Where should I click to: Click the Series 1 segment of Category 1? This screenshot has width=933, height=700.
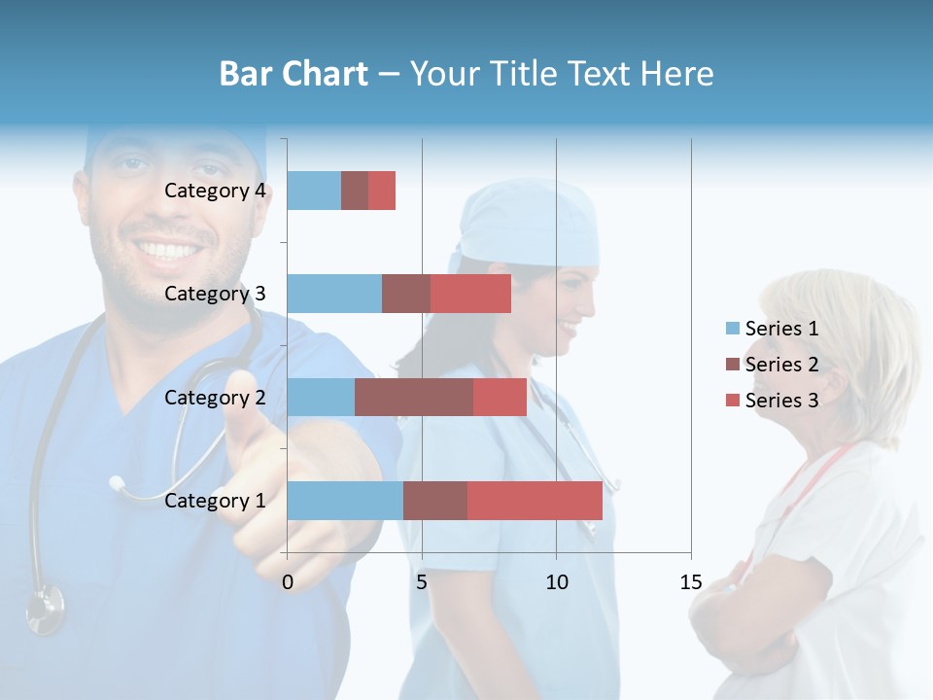[345, 501]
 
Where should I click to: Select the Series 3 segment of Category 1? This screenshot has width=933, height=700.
[535, 501]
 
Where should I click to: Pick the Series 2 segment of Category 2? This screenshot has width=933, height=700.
[414, 397]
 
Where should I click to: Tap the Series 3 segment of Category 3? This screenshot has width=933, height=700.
[470, 294]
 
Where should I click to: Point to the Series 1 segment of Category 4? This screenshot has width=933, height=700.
[314, 191]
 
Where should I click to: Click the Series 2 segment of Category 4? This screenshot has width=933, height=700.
[355, 191]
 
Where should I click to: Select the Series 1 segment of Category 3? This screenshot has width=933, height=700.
[334, 294]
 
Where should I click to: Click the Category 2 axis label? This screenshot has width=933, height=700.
[215, 398]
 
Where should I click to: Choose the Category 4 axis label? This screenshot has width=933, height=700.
[215, 191]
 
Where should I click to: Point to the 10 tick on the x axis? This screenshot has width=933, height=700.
[556, 582]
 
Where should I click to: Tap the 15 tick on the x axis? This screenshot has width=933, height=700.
[690, 582]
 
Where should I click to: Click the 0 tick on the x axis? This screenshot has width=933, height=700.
[288, 582]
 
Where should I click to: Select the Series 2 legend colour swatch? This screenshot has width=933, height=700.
[732, 365]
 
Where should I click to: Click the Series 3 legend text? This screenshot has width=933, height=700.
[781, 401]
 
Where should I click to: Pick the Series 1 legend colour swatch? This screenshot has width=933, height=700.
[732, 329]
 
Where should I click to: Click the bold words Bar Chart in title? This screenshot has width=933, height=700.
[294, 74]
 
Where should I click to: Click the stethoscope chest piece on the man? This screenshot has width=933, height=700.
[45, 610]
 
